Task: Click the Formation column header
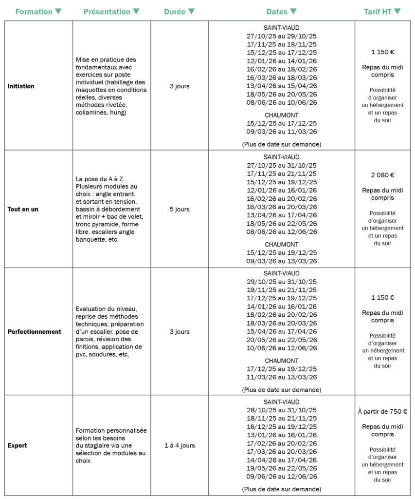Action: pyautogui.click(x=34, y=11)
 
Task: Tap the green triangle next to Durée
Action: pyautogui.click(x=192, y=11)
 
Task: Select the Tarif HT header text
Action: pyautogui.click(x=378, y=11)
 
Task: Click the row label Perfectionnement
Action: pyautogui.click(x=35, y=332)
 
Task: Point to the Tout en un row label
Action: pyautogui.click(x=23, y=209)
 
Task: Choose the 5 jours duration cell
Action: pyautogui.click(x=180, y=209)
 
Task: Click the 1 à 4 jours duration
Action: pyautogui.click(x=180, y=445)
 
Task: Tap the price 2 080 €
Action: pyautogui.click(x=382, y=175)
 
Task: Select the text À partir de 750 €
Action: pyautogui.click(x=382, y=412)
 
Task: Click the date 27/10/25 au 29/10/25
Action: pyautogui.click(x=282, y=36)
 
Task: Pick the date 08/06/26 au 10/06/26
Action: pyautogui.click(x=282, y=102)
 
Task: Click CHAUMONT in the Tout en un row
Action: pyautogui.click(x=282, y=245)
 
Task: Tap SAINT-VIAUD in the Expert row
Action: pyautogui.click(x=282, y=402)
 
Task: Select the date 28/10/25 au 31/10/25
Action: pyautogui.click(x=282, y=410)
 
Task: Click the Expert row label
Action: pyautogui.click(x=18, y=445)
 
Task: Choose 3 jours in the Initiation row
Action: pyautogui.click(x=180, y=86)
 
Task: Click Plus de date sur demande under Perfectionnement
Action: pyautogui.click(x=282, y=390)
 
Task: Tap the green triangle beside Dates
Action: pyautogui.click(x=293, y=11)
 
